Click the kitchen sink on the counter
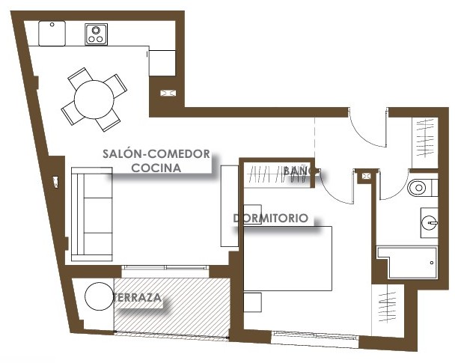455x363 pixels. coord(52,34)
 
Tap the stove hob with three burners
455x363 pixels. coord(96,34)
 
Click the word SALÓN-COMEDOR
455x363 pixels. coord(156,153)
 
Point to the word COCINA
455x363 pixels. coord(156,168)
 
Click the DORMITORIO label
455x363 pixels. coord(270,218)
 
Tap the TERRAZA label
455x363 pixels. coord(138,297)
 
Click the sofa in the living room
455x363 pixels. coord(92,214)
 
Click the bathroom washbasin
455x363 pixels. coord(429,223)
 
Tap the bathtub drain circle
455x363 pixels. coord(432,263)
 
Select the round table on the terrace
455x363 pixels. coord(99,296)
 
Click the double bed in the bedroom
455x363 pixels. coord(287,258)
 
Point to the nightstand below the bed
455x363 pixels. coord(252,302)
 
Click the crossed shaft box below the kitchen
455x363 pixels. coord(168,93)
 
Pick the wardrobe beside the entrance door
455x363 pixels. coord(425,142)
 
